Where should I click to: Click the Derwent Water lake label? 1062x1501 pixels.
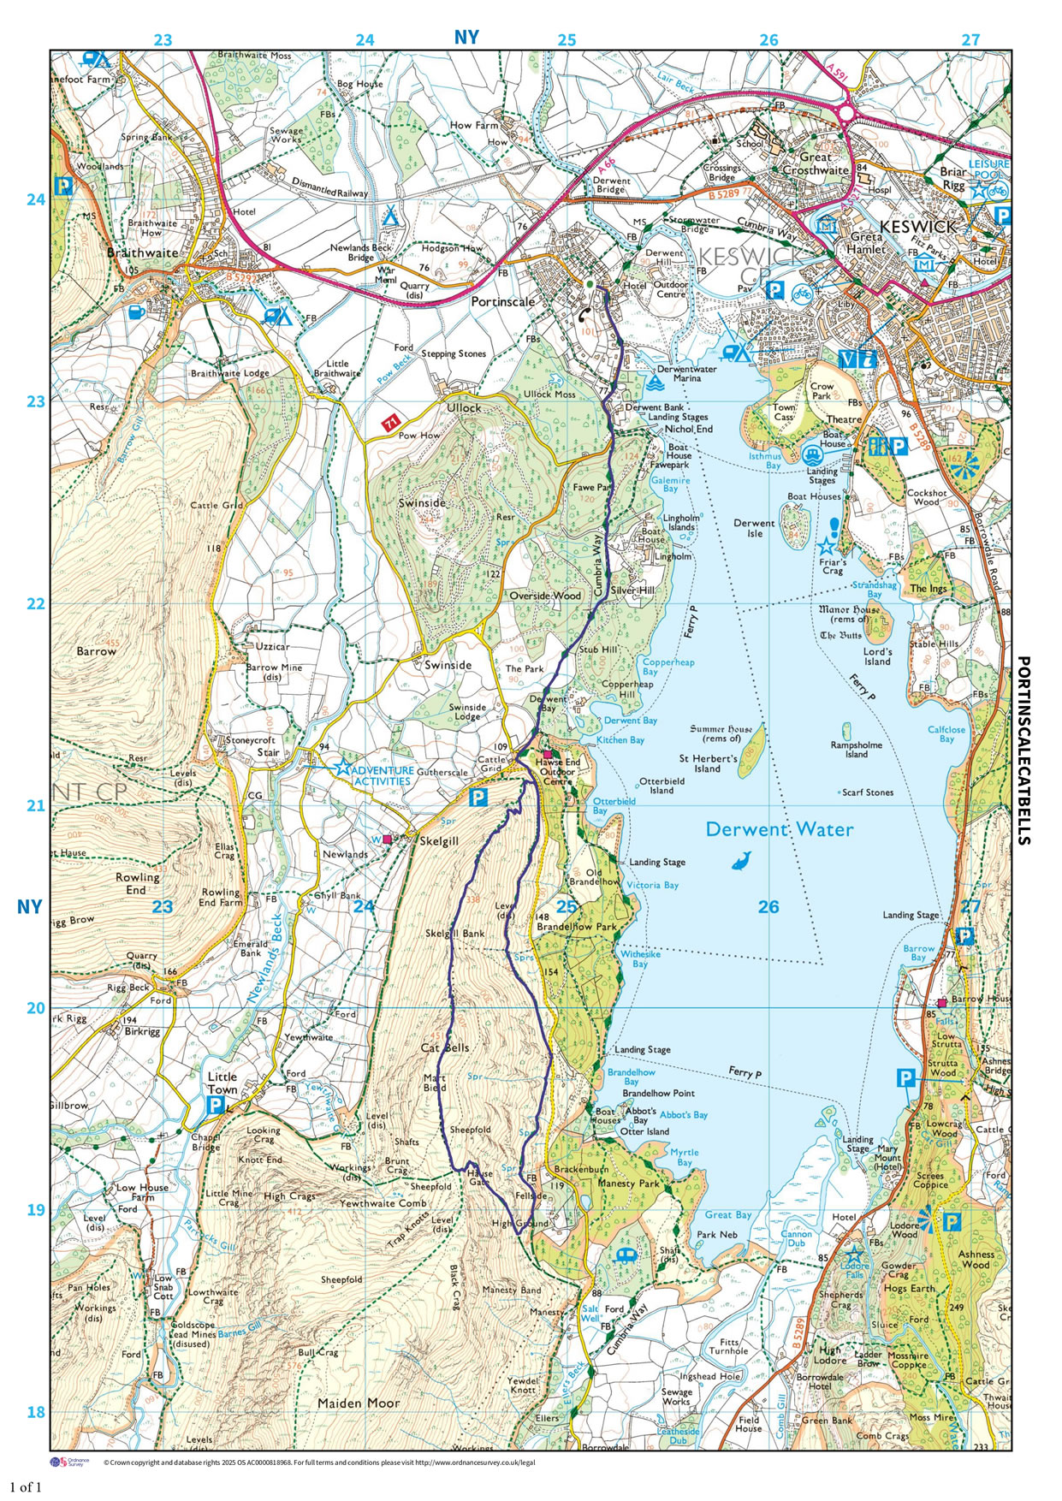tap(779, 829)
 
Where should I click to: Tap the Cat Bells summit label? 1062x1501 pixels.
tap(445, 1047)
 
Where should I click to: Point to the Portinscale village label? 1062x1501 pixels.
tap(502, 302)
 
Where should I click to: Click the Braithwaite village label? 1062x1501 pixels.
tap(143, 253)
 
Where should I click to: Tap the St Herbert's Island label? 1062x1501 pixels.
tap(708, 763)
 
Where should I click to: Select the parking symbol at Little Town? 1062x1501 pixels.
tap(217, 1105)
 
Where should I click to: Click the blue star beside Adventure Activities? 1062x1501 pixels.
tap(342, 767)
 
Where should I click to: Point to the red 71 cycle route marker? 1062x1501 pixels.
tap(391, 423)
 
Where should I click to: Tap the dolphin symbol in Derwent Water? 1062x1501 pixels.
tap(742, 861)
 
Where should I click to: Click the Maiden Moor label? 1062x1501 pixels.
tap(359, 1403)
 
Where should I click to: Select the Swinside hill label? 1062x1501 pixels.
tap(422, 503)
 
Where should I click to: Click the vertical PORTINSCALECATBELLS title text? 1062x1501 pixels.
tap(1023, 750)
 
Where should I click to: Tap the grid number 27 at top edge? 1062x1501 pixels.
tap(970, 39)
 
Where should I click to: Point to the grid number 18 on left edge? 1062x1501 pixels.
tap(35, 1412)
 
